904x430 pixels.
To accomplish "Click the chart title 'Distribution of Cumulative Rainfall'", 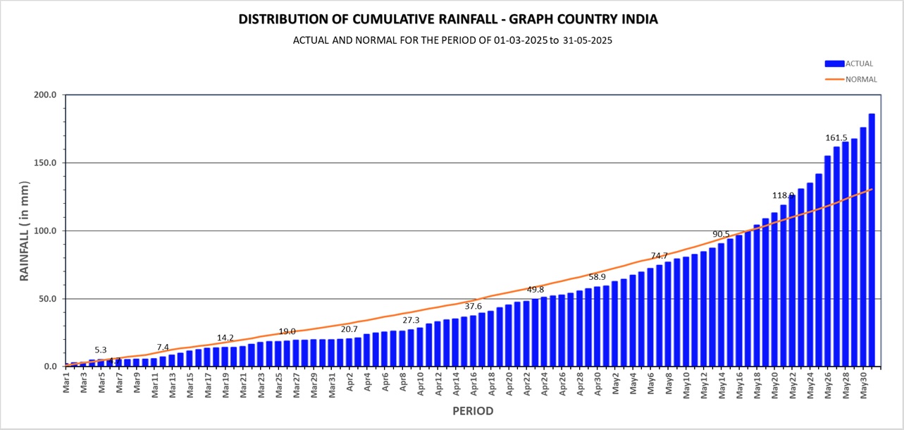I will coord(448,19).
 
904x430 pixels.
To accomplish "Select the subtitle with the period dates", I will coord(452,40).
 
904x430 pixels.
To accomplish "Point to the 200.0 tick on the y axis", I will coord(44,94).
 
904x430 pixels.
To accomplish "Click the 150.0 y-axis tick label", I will coord(44,163).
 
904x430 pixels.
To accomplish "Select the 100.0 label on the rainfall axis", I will coord(44,231).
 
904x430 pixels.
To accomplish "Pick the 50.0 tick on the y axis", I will coord(47,299).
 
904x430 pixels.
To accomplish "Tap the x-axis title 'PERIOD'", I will coord(472,411).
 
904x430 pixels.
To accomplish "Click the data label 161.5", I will coord(836,137).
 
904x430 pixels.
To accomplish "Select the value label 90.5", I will coord(721,234).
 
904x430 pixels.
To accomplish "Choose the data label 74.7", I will coord(659,256).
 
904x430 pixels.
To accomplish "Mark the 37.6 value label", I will coord(473,306).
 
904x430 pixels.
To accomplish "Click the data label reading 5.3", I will coord(101,350).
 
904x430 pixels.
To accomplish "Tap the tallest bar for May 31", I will coord(872,240).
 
